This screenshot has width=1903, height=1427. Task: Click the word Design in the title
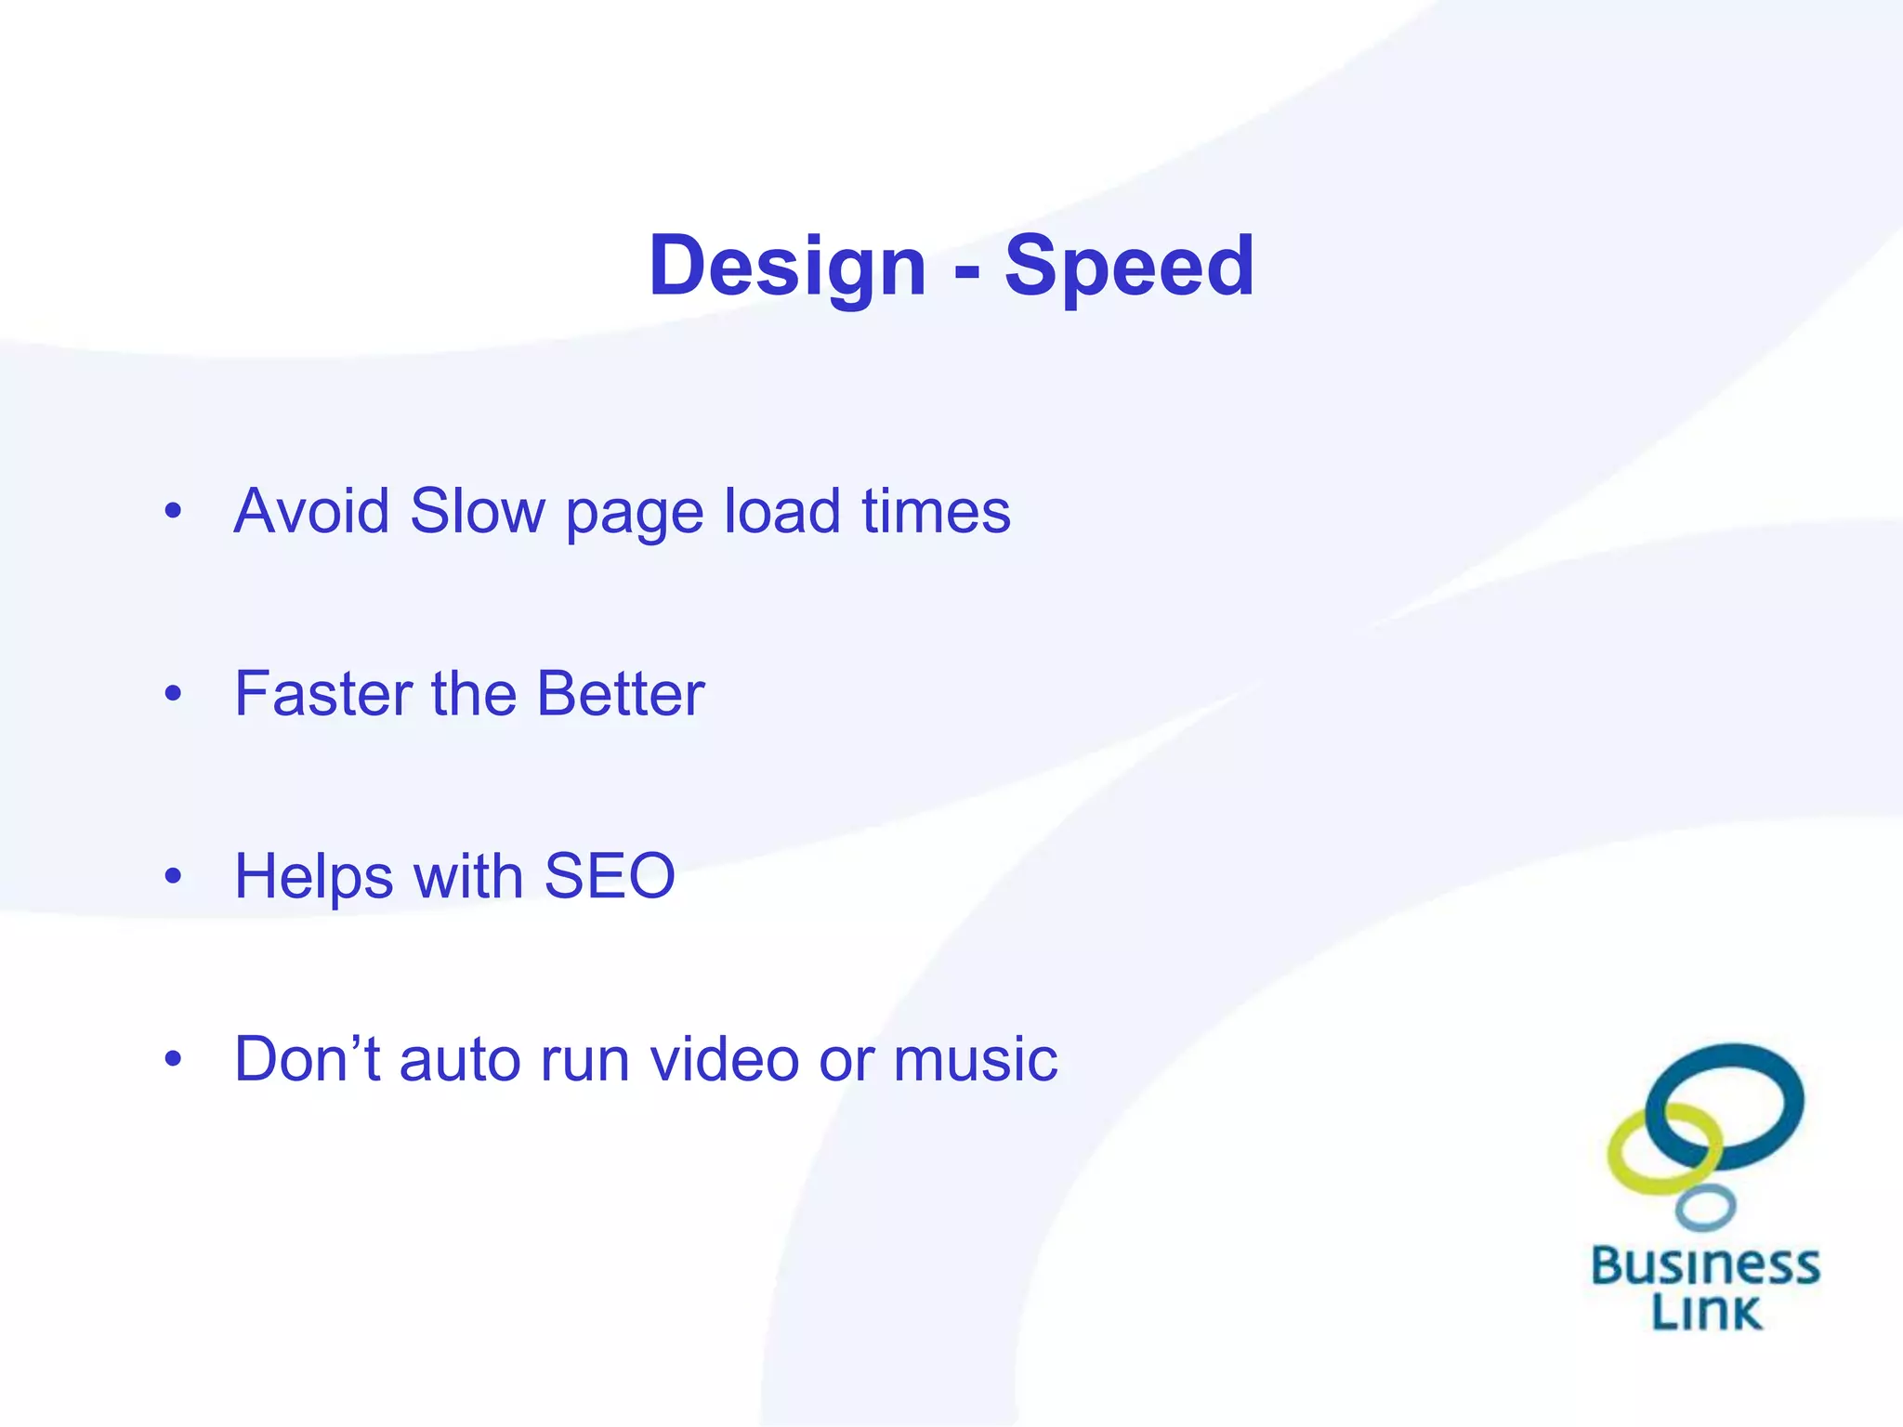787,267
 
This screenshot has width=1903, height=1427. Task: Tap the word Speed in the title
1129,267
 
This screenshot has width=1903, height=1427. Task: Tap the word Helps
314,876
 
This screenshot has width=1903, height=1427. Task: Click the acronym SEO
610,876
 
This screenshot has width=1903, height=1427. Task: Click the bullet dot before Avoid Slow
173,511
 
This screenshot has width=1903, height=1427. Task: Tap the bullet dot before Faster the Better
173,694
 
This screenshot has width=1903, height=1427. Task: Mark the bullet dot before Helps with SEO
173,876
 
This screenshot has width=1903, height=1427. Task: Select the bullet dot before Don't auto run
173,1059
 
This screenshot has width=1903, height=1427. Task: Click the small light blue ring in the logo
1706,1208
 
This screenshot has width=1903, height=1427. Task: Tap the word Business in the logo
1706,1266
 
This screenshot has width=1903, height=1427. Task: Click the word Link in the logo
1706,1312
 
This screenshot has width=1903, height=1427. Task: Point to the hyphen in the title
966,271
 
